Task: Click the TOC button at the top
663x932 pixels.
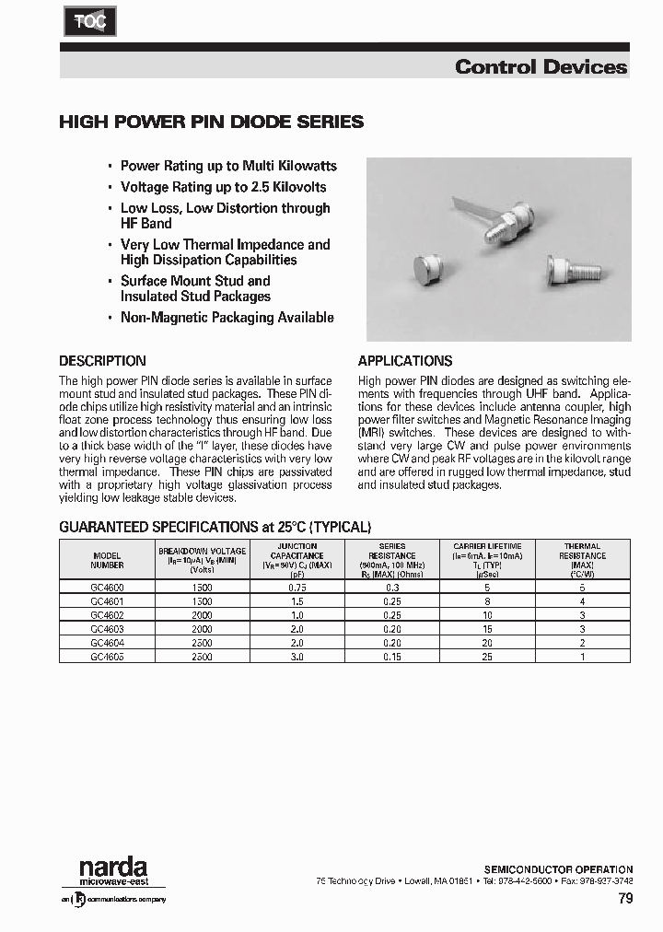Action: coord(84,21)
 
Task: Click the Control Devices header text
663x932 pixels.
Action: coord(541,66)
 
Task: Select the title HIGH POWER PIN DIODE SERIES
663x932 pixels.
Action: coord(211,122)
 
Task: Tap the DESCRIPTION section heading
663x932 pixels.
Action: coord(102,361)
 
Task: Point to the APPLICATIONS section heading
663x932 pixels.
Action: coord(404,361)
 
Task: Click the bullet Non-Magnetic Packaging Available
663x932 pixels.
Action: coord(227,317)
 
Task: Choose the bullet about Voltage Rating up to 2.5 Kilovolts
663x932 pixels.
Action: coord(223,187)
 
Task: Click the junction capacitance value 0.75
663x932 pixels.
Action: coord(297,587)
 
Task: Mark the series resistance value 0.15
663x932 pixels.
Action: coord(392,657)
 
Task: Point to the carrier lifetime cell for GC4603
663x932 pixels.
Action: coord(487,629)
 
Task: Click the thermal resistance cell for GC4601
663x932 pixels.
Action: coord(582,600)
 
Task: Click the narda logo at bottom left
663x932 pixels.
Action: coord(112,868)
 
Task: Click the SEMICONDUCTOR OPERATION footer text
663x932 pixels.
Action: coord(558,868)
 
